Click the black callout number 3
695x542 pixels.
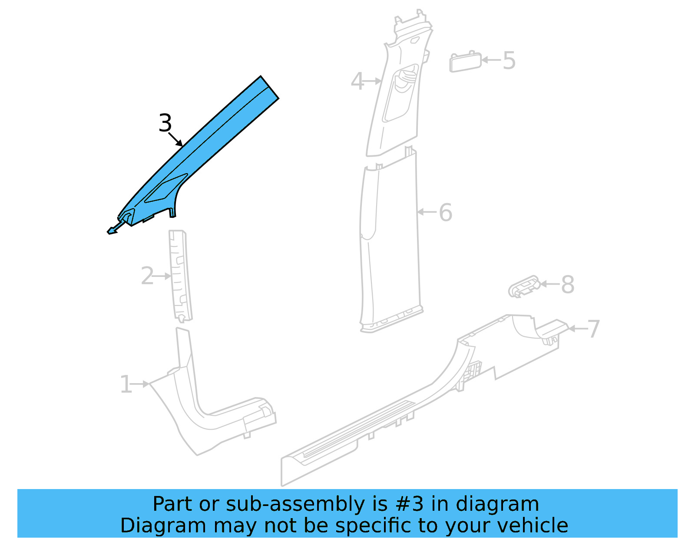165,123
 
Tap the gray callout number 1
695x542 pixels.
126,384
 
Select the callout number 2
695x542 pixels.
147,276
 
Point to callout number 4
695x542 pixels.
357,82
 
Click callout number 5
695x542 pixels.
509,60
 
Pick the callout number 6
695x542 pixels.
445,213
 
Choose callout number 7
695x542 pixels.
593,329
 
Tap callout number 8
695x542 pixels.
568,285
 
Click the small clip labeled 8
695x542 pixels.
524,287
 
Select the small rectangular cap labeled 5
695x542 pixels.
465,62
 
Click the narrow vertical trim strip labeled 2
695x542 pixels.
180,276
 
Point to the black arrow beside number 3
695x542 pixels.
176,140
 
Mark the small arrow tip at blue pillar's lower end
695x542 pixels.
112,231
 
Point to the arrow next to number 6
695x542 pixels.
427,212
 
